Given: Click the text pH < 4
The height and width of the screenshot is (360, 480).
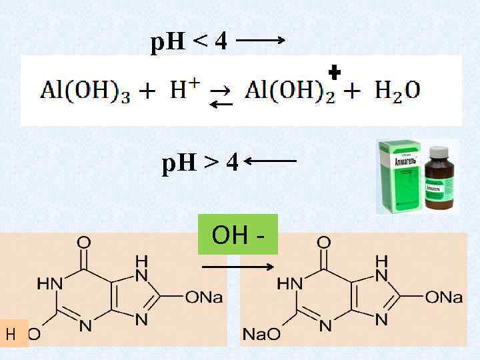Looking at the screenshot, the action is click(189, 43).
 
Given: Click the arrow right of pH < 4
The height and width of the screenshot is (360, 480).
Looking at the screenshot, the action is click(261, 40).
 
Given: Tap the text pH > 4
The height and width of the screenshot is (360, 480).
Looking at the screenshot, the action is click(200, 161).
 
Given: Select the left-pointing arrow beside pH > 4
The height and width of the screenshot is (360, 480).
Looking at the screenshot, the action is click(271, 161).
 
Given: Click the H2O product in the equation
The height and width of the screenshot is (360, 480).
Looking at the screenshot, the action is click(398, 90).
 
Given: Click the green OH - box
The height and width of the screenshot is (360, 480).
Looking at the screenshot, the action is click(237, 235).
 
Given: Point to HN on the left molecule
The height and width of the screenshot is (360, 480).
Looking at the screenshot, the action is click(49, 283).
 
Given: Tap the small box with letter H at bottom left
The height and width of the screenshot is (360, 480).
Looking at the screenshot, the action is click(12, 333).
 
